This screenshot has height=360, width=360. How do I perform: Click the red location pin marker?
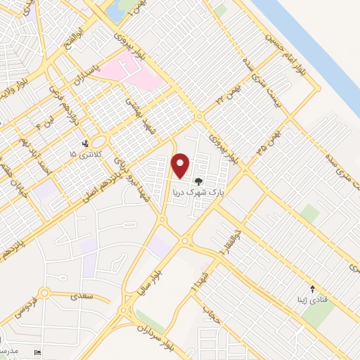click(181, 165)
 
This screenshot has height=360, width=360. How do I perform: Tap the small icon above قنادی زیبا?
click(314, 288)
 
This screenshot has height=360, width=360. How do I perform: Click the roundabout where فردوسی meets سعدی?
click(45, 293)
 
